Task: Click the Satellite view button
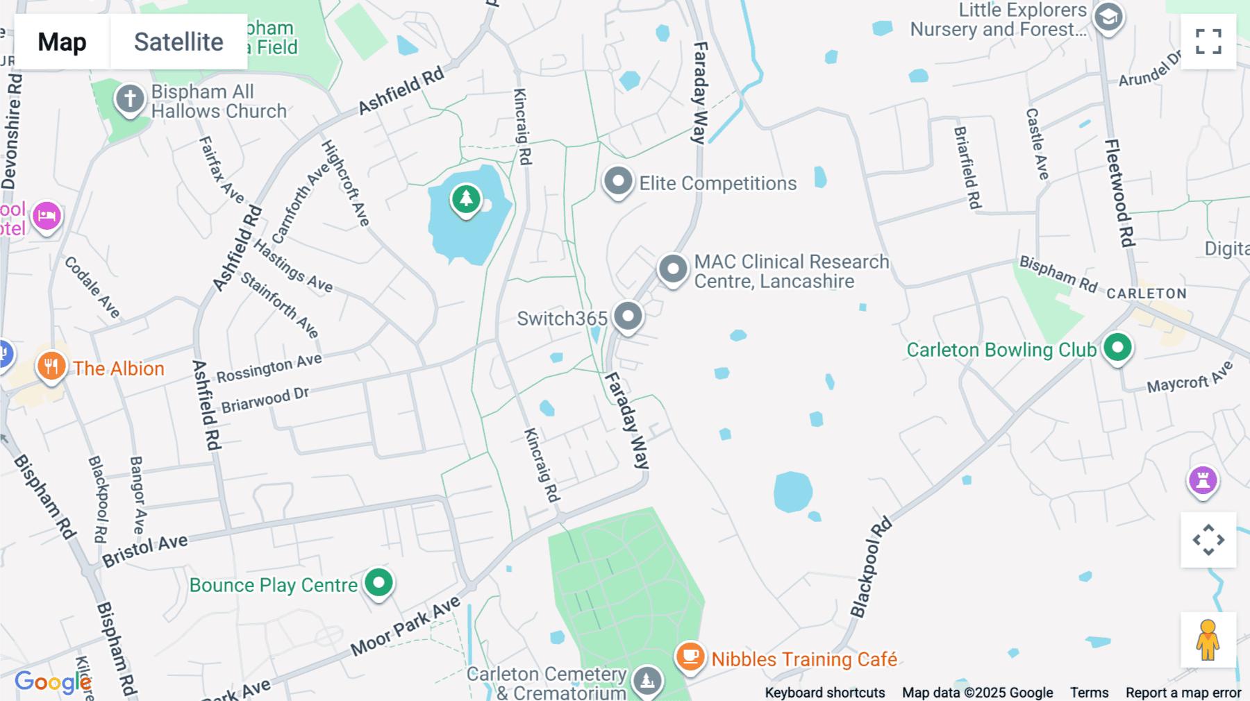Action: [178, 42]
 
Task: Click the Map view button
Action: [62, 42]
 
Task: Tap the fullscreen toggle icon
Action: [1208, 42]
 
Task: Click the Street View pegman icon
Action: [1208, 639]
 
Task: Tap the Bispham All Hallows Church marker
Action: [130, 99]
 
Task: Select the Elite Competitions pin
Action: [617, 182]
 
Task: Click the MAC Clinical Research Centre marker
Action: [672, 269]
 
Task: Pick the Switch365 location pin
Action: [628, 316]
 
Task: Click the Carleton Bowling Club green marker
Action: [1117, 347]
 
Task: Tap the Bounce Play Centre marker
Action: [378, 583]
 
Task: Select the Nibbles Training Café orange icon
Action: [690, 656]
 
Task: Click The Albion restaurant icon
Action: [51, 365]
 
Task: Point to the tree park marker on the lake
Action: [466, 199]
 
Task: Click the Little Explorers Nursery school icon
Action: [1108, 17]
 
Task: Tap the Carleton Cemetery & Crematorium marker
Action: [647, 680]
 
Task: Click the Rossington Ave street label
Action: [269, 368]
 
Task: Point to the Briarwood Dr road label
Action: [265, 400]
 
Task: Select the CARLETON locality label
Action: [1147, 294]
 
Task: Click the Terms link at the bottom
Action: [1089, 693]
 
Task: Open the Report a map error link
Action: [1183, 693]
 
